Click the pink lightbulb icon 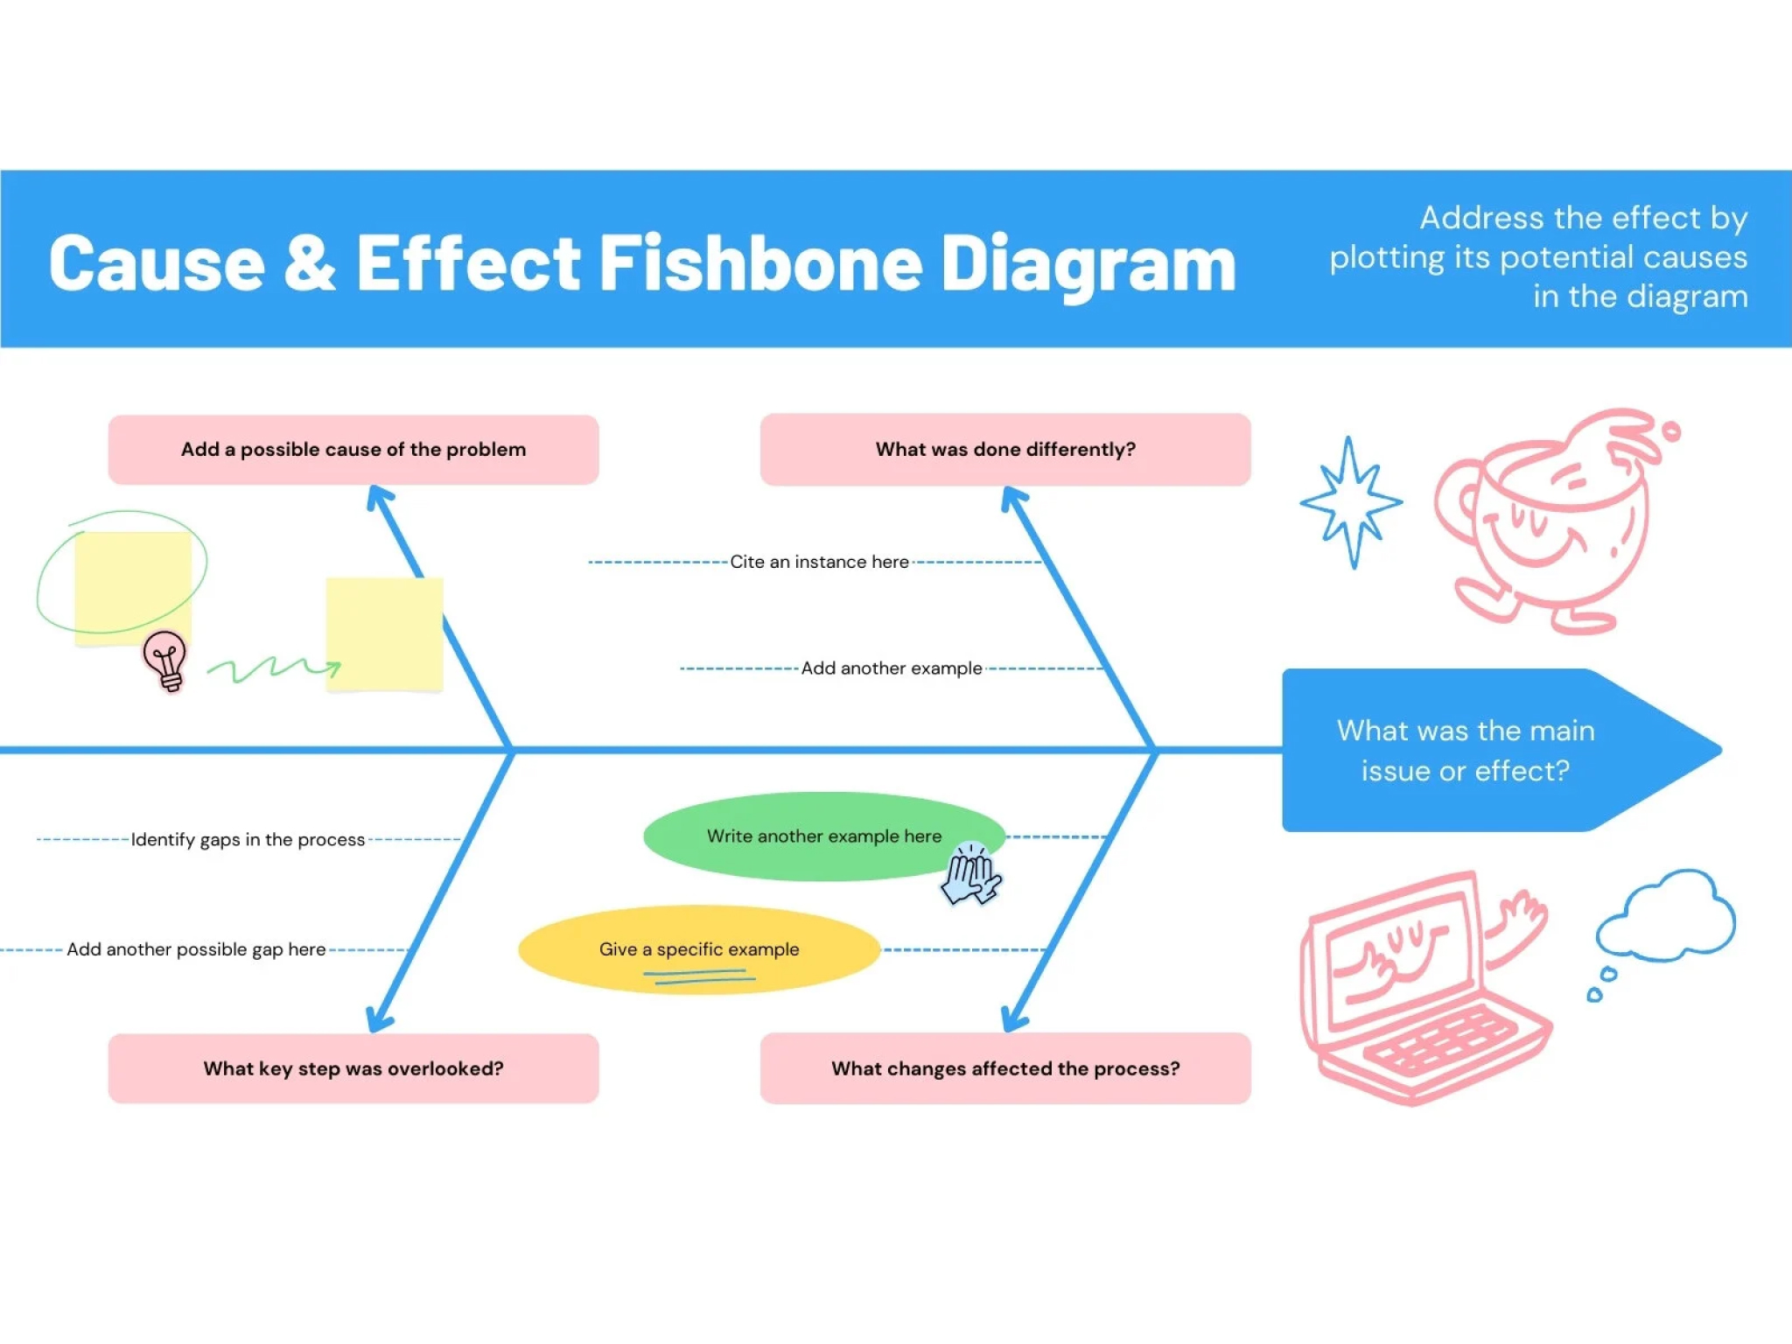[x=165, y=661]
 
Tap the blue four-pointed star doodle [x=1351, y=502]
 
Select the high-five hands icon [x=971, y=873]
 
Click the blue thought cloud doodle [x=1664, y=917]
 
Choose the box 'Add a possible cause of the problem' [x=353, y=450]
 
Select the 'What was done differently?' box [x=1005, y=450]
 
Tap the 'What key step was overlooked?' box [x=353, y=1068]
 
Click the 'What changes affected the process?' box [x=1005, y=1068]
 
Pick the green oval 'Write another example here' [x=824, y=836]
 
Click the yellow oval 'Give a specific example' [x=699, y=949]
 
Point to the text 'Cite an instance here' [x=820, y=562]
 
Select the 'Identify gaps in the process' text [x=248, y=840]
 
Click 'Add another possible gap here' [x=196, y=949]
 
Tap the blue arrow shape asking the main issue [x=1487, y=750]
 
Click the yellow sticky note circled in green [x=133, y=588]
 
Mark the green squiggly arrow [x=274, y=669]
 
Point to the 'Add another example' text [x=892, y=668]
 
